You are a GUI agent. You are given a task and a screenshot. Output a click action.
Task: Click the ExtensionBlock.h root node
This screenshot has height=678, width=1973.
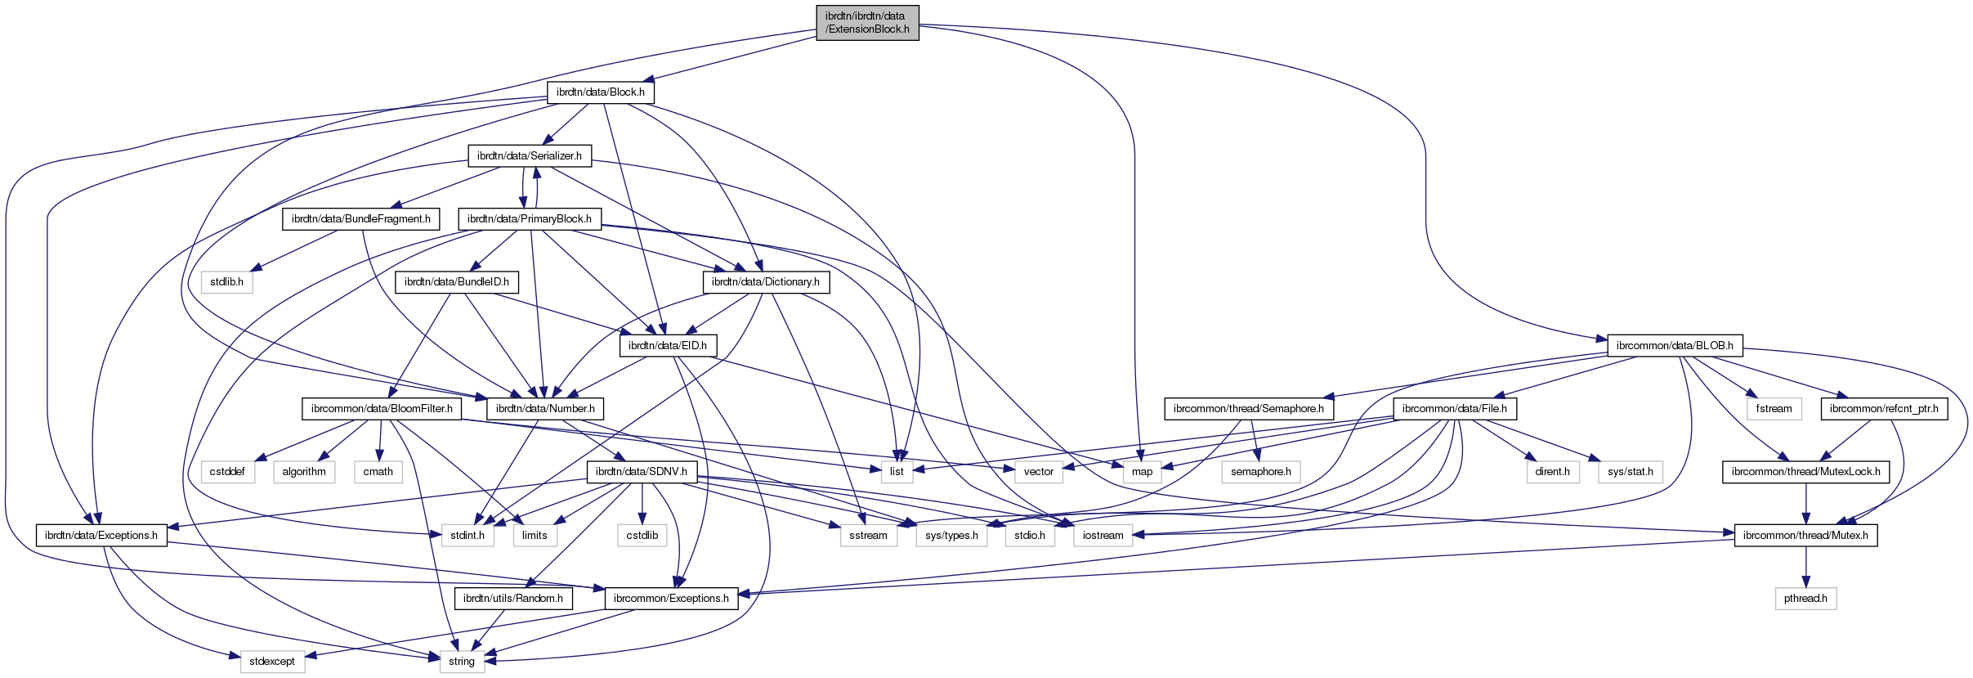867,22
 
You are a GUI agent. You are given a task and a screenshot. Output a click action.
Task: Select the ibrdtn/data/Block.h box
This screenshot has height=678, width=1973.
600,92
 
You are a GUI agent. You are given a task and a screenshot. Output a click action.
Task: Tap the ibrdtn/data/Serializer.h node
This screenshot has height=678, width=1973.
530,155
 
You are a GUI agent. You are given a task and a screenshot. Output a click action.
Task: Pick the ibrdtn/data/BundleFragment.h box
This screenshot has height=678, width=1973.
361,219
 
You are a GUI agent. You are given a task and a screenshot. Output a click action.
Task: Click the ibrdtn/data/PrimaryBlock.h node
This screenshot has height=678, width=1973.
530,219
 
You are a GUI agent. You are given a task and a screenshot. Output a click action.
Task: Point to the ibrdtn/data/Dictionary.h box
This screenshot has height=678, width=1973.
766,282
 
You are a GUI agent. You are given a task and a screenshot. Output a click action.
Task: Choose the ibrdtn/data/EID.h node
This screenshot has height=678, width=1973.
668,346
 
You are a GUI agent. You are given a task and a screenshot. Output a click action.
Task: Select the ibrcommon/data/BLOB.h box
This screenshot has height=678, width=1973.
1675,346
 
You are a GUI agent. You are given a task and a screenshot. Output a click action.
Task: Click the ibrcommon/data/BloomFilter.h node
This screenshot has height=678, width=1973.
382,409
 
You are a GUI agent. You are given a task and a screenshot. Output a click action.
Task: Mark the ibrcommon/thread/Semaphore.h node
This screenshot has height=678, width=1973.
1249,409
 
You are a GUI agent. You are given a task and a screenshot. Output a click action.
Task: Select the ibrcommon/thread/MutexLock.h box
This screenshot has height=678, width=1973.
1805,472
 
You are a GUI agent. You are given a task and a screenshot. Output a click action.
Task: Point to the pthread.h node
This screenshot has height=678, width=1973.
1805,599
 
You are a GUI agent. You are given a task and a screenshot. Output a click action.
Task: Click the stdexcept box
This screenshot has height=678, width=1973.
272,662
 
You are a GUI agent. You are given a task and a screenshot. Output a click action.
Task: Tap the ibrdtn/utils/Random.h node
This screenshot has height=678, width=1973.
513,599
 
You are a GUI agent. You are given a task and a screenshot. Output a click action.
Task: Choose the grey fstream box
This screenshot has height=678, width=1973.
1774,409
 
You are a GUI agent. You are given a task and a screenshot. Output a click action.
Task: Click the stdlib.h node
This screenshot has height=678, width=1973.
226,282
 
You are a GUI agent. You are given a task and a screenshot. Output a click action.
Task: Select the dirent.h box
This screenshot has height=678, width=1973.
1552,472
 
